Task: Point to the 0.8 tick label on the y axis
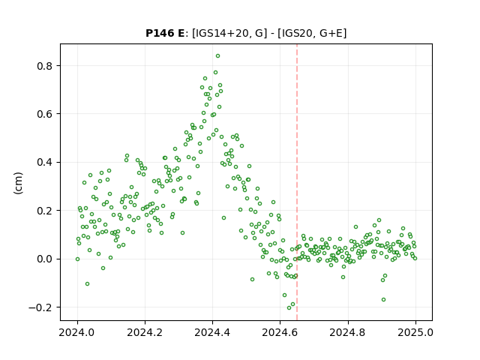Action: [45, 66]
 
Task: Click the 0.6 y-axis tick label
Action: [45, 114]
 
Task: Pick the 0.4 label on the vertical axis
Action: [45, 162]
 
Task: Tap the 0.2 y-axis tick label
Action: [45, 211]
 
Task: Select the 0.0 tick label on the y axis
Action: [45, 259]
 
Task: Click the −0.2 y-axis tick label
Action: [40, 307]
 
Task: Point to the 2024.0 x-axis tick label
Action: [77, 332]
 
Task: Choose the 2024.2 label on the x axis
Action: [145, 332]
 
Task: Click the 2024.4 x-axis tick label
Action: [212, 332]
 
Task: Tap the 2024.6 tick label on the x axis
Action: [280, 332]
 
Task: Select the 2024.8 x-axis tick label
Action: [348, 332]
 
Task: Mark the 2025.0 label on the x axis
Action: [415, 332]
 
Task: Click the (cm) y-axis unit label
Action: [18, 183]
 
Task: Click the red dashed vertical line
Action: [297, 182]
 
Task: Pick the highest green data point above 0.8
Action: [217, 56]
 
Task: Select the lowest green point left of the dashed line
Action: [289, 307]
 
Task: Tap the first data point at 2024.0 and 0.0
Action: [77, 259]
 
